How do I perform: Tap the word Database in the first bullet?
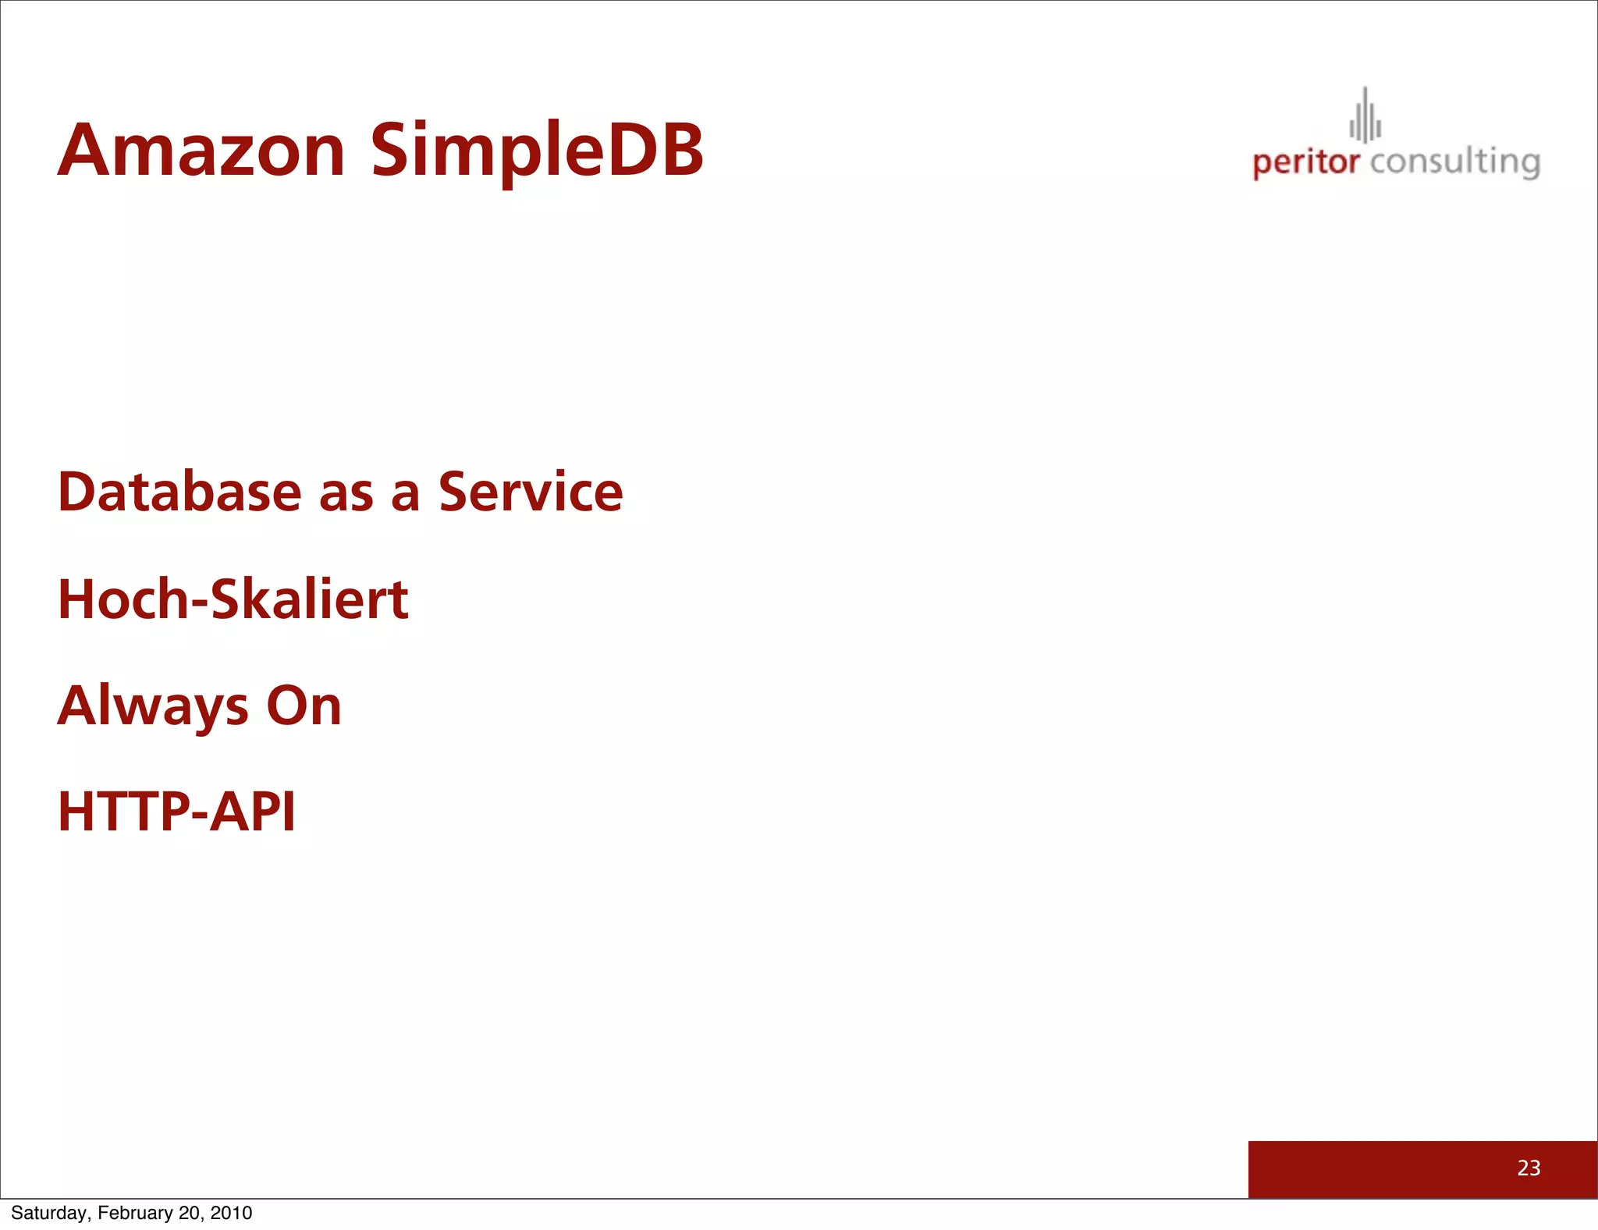point(179,492)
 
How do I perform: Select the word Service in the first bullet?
point(531,492)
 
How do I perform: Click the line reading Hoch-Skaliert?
point(233,599)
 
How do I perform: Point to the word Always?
point(153,706)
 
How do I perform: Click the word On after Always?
point(304,706)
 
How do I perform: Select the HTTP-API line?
point(176,812)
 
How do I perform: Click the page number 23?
point(1528,1168)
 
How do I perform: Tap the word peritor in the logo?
point(1305,163)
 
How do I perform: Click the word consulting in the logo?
point(1454,163)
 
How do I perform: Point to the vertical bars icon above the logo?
point(1365,117)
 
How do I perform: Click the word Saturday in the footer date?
point(49,1213)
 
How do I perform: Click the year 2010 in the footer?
point(231,1213)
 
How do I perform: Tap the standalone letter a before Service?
point(405,496)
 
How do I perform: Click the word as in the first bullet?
point(346,496)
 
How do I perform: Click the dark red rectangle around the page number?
point(1365,1169)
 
